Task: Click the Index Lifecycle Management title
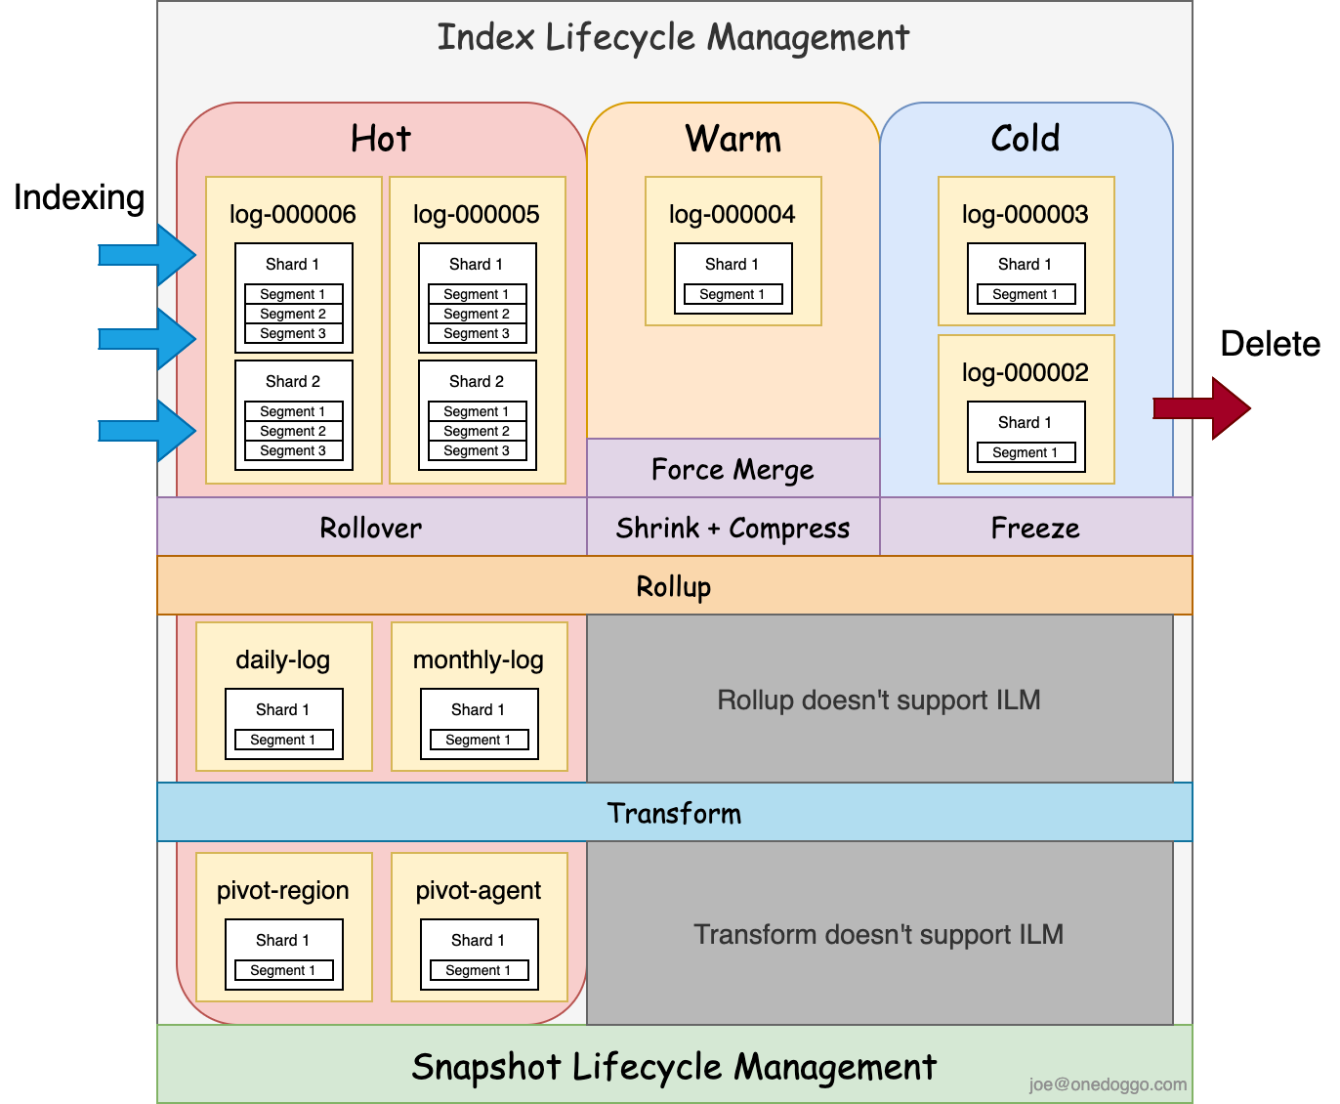pos(673,38)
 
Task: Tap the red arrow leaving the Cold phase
pos(1202,408)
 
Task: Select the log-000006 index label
pos(293,214)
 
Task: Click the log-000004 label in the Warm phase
pos(733,214)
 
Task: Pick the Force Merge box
pos(733,470)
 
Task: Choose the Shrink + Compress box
pos(733,529)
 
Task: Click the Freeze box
pos(1035,529)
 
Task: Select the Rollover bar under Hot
pos(371,529)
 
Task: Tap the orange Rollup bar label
pos(674,586)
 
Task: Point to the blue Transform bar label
pos(674,813)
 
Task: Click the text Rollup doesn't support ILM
pos(879,700)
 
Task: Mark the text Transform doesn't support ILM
pos(879,934)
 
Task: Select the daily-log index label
pos(283,659)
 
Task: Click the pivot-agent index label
pos(479,890)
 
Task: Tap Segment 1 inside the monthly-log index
pos(479,740)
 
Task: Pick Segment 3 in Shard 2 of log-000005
pos(477,450)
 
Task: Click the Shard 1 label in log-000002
pos(1026,422)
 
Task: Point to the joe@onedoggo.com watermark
pos(1108,1084)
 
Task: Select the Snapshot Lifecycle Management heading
pos(674,1067)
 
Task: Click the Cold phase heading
pos(1026,138)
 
